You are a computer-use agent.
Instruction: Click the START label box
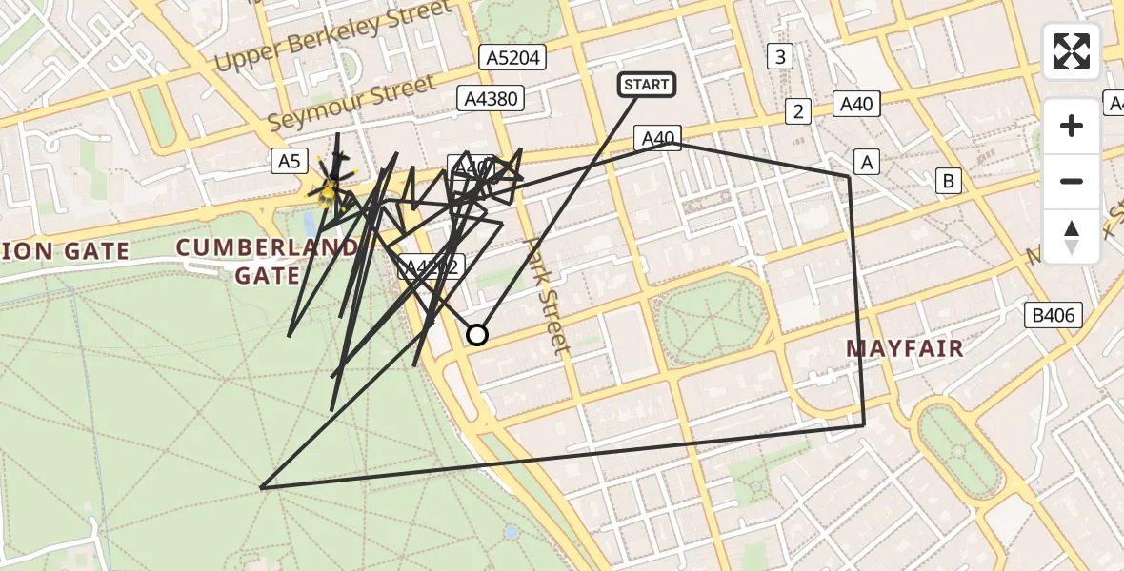[647, 85]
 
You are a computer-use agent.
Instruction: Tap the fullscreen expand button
[1072, 51]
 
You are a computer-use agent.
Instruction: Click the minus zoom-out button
[1072, 181]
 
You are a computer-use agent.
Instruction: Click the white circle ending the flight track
[477, 334]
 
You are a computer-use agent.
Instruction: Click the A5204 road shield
[513, 58]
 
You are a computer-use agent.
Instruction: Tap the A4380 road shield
[491, 97]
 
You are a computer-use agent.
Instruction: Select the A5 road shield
[289, 161]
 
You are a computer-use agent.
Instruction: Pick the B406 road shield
[1053, 315]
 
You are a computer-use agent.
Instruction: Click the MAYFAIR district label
[905, 349]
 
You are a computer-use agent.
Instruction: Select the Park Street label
[547, 295]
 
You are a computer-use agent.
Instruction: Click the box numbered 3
[780, 56]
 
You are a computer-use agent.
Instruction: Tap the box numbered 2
[798, 112]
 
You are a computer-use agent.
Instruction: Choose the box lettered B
[948, 179]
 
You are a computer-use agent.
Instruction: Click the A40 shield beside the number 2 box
[856, 104]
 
